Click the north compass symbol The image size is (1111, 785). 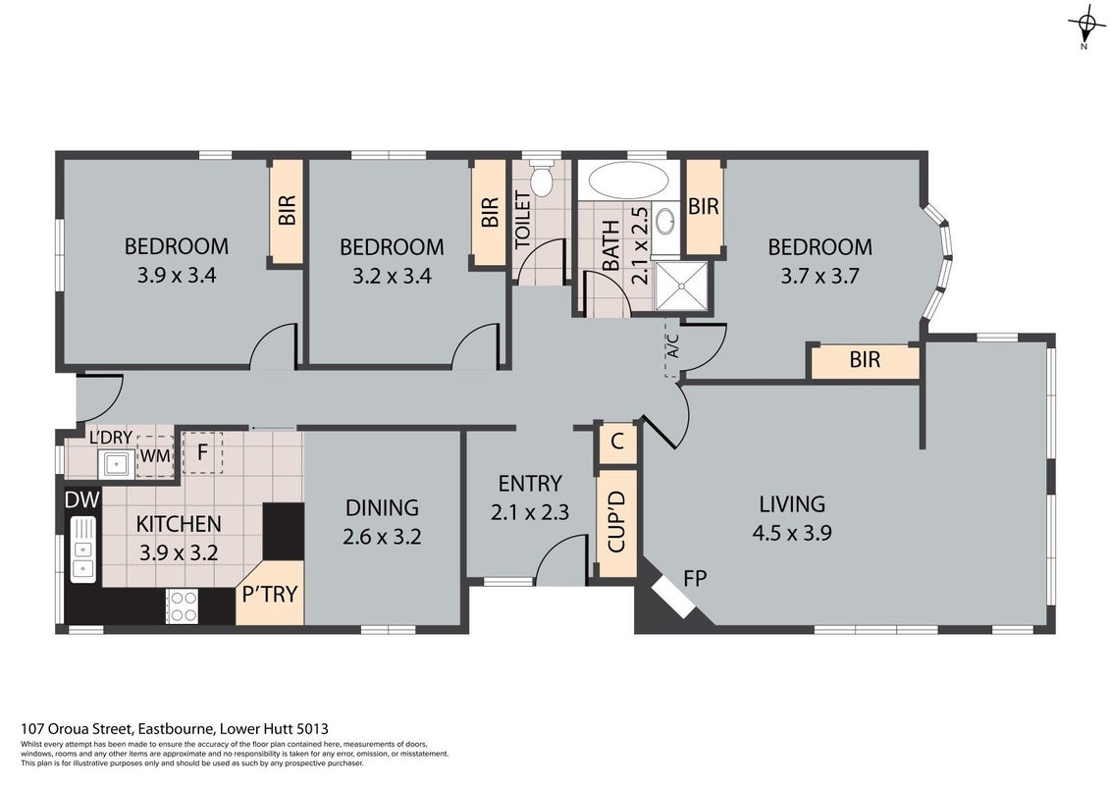1085,26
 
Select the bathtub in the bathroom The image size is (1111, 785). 628,181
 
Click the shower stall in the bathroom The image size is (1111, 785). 681,286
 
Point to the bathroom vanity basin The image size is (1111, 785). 665,221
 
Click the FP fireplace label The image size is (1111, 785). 695,578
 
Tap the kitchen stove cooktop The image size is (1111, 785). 183,606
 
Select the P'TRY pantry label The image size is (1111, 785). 269,594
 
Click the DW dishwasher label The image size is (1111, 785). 82,499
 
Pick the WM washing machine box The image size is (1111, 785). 155,455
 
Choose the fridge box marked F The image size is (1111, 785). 202,452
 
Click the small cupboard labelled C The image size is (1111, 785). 617,443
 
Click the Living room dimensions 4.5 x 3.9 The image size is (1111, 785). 791,532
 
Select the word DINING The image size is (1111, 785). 382,507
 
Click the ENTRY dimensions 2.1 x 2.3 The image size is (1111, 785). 530,511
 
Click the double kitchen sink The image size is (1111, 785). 82,549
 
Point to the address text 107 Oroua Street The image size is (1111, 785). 77,728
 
